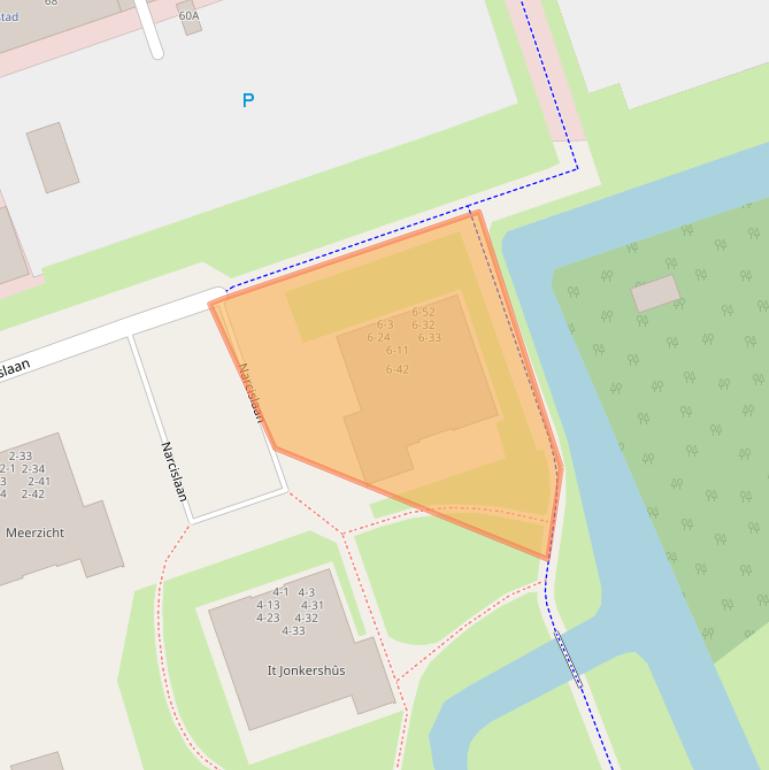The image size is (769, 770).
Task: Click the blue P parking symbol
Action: [248, 100]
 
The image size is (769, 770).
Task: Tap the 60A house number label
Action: [189, 16]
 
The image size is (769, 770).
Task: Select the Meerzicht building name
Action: [35, 533]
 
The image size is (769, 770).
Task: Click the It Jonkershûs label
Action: [306, 670]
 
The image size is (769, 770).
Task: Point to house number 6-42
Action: [397, 370]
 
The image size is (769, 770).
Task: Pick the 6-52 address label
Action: [423, 312]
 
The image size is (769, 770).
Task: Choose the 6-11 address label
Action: [397, 351]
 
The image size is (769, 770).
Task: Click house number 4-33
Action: [293, 631]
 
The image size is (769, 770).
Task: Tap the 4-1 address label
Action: [281, 592]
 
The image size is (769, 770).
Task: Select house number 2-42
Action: [33, 494]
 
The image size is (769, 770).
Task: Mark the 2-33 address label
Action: [20, 456]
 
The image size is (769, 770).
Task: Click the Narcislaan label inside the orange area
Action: [250, 392]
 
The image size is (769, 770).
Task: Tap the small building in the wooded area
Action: [656, 294]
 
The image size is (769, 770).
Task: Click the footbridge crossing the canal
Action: [568, 659]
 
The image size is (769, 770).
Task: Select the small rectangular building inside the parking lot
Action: [53, 157]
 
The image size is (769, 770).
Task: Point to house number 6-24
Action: [379, 338]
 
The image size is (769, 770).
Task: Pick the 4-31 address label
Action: [312, 605]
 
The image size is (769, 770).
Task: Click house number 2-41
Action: [39, 481]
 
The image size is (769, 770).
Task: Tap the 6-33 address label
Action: [429, 338]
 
